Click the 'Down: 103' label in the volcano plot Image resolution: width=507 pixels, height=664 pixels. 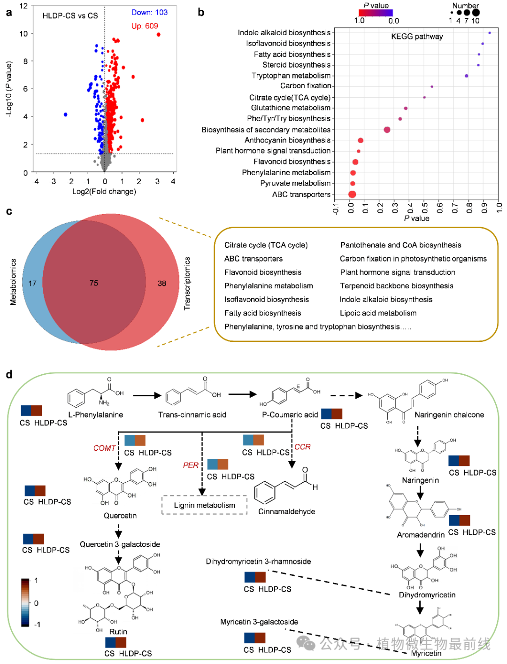coord(149,13)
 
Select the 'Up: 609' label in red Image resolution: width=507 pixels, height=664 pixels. coord(145,26)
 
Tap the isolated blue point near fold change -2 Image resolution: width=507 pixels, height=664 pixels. coord(66,115)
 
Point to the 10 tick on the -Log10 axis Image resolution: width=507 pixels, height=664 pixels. coord(23,34)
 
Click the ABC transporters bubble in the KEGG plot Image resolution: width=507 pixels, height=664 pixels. coord(352,194)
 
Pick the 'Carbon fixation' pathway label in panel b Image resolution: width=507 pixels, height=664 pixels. coord(306,86)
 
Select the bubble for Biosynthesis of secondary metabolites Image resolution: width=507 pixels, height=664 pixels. coord(387,130)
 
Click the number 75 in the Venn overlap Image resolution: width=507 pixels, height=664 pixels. coord(94,283)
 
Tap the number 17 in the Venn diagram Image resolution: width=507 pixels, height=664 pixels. coord(32,284)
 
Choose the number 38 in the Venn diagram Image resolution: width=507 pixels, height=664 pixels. coord(162,284)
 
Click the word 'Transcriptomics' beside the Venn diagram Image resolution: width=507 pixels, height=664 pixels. coord(187,284)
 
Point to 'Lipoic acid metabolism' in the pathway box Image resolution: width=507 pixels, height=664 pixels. coord(378,313)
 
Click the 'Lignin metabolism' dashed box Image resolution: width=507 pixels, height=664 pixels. coord(204,505)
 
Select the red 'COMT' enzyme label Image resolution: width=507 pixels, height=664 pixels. coord(104,448)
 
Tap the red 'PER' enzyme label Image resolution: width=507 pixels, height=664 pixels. coord(191,465)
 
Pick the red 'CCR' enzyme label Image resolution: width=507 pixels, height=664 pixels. coord(303,447)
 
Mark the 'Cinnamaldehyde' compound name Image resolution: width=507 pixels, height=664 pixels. coord(286,512)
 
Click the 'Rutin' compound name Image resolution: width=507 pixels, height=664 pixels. coord(118,632)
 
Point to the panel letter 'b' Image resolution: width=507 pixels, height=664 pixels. coord(201,13)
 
